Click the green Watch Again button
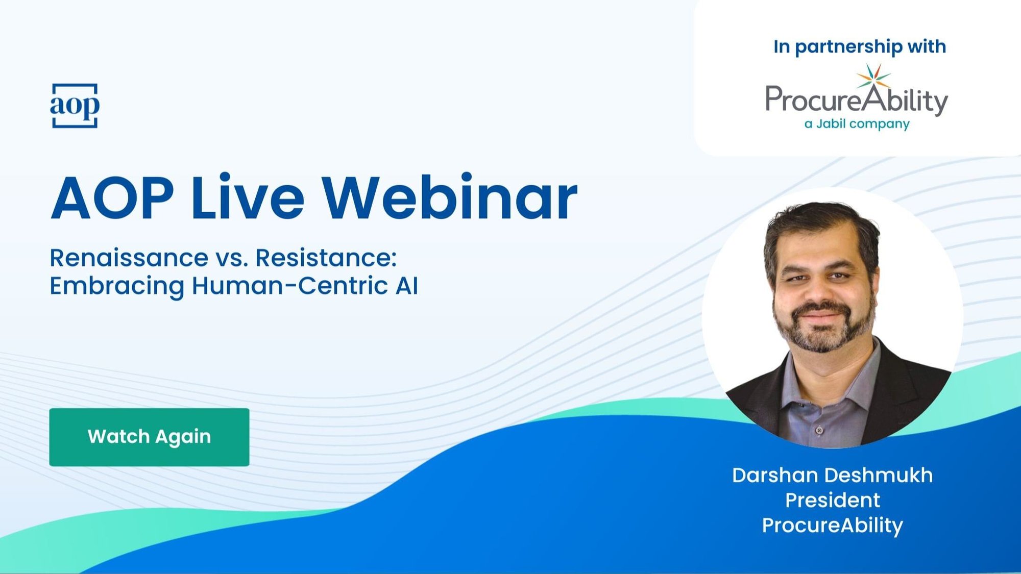click(x=149, y=437)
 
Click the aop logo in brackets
click(x=75, y=106)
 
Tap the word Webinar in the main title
click(x=449, y=197)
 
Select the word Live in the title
click(x=248, y=197)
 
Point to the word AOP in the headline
click(x=112, y=197)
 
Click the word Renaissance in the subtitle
click(x=129, y=258)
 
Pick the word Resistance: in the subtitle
click(x=326, y=258)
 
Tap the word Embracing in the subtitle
click(x=117, y=286)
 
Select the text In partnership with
click(x=860, y=46)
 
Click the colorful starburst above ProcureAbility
click(x=873, y=77)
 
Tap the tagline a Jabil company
click(x=857, y=124)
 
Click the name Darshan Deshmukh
click(x=833, y=476)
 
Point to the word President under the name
click(x=833, y=501)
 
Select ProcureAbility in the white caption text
click(x=833, y=526)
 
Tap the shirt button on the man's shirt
click(x=819, y=431)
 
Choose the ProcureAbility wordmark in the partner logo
click(x=857, y=100)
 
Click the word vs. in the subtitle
click(x=232, y=259)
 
